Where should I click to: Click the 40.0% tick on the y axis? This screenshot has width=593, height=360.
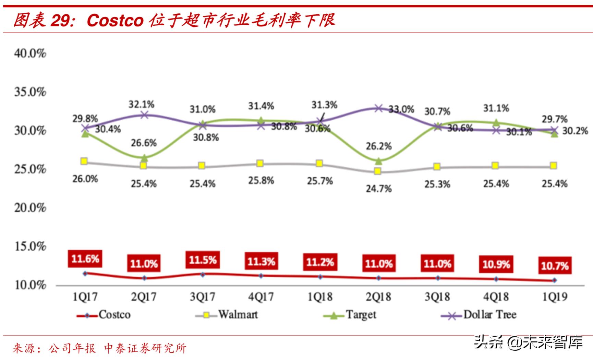pyautogui.click(x=30, y=53)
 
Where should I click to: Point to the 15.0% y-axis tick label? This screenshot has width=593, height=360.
pyautogui.click(x=30, y=247)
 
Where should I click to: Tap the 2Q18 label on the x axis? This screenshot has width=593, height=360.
pyautogui.click(x=378, y=297)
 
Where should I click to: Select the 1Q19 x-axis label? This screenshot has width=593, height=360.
pyautogui.click(x=555, y=297)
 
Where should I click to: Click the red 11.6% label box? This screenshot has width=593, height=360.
pyautogui.click(x=85, y=259)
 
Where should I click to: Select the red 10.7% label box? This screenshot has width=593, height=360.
pyautogui.click(x=555, y=265)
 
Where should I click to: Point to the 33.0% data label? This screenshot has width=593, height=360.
pyautogui.click(x=401, y=110)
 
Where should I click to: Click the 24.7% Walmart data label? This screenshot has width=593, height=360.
pyautogui.click(x=378, y=189)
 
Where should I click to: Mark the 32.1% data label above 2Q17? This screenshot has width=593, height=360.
pyautogui.click(x=142, y=104)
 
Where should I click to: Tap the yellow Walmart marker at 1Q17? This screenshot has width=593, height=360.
pyautogui.click(x=84, y=161)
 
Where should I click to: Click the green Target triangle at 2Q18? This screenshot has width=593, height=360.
pyautogui.click(x=378, y=161)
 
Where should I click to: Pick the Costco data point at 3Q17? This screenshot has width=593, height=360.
pyautogui.click(x=203, y=274)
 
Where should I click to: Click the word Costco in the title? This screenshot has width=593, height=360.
pyautogui.click(x=115, y=20)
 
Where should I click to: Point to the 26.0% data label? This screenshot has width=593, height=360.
pyautogui.click(x=85, y=179)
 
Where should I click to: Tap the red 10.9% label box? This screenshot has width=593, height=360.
pyautogui.click(x=496, y=264)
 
